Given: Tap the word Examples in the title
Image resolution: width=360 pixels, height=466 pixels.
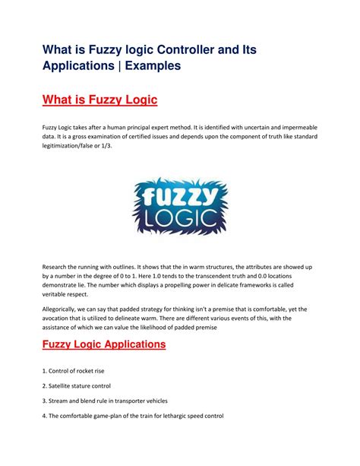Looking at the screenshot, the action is point(150,66).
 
